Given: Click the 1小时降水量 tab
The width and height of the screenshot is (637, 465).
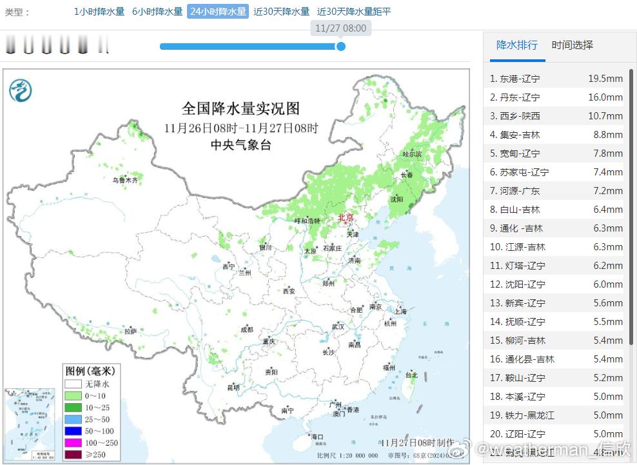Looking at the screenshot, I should point(99,12).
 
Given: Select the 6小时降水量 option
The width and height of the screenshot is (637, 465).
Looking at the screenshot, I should point(157,12).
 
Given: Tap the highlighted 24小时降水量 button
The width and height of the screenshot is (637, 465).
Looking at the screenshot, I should point(218,12).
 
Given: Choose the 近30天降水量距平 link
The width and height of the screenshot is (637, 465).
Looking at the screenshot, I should point(354,12).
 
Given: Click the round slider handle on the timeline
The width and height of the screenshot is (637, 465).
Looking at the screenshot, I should point(341,46).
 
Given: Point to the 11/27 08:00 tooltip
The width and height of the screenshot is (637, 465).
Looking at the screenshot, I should point(341,28).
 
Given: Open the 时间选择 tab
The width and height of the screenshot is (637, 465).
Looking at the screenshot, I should point(572,45).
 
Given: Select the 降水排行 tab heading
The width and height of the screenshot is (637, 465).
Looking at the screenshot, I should point(517,45).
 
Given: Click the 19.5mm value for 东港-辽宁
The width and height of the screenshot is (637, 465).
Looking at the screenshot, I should point(605,79).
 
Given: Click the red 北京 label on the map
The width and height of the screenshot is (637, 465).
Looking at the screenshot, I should point(346,218).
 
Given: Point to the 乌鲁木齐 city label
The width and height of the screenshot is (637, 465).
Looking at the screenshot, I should point(125,181).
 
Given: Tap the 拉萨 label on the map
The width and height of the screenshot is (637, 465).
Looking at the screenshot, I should point(130,331).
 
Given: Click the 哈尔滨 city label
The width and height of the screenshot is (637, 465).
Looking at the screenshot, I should point(411,154).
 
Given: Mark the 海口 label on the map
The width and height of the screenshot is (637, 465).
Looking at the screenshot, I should point(317,437).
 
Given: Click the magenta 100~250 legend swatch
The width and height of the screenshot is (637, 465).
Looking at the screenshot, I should point(73,442).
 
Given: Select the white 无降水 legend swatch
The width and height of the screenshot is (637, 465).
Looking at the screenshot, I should point(73,384).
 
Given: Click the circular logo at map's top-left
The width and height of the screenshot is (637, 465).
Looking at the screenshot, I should point(21,90).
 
